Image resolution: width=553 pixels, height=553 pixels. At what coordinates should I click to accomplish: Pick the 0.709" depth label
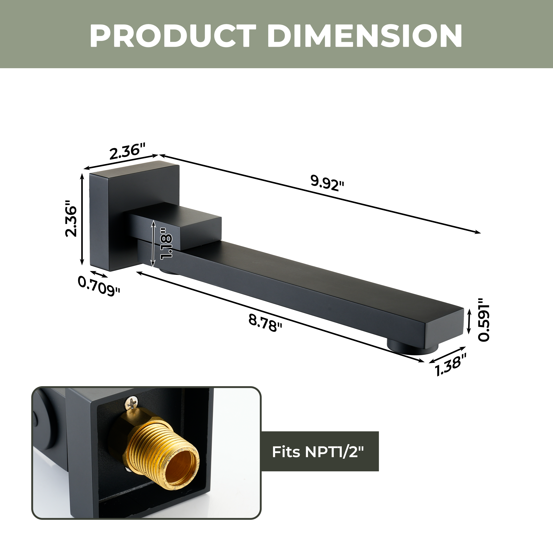coord(99,287)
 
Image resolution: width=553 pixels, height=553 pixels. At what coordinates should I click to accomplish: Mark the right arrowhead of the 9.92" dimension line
coord(478,233)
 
